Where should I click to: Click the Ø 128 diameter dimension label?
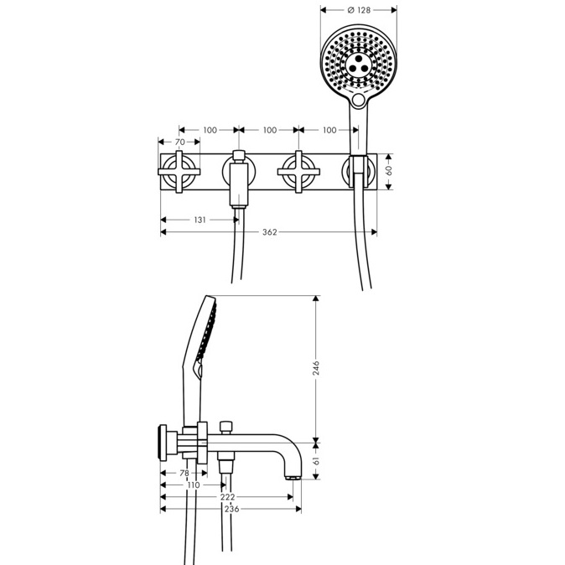click(359, 10)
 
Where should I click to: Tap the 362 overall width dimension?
click(270, 232)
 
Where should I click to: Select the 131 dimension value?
click(200, 220)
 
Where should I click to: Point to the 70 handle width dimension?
click(179, 142)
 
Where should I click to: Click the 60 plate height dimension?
click(389, 170)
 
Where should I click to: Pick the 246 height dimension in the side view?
click(316, 367)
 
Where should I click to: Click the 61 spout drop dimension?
click(316, 461)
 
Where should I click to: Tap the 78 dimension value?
click(184, 473)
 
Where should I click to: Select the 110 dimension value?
click(194, 485)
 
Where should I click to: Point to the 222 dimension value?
click(227, 497)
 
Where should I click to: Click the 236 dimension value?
click(231, 509)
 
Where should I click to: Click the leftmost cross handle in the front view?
click(179, 172)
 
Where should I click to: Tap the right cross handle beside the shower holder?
click(298, 172)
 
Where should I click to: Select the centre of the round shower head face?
click(359, 64)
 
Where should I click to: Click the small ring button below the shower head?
click(359, 100)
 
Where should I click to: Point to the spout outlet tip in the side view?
click(293, 478)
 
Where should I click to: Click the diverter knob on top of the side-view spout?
click(226, 428)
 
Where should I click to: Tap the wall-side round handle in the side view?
click(163, 443)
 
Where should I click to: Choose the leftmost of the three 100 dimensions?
click(210, 130)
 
